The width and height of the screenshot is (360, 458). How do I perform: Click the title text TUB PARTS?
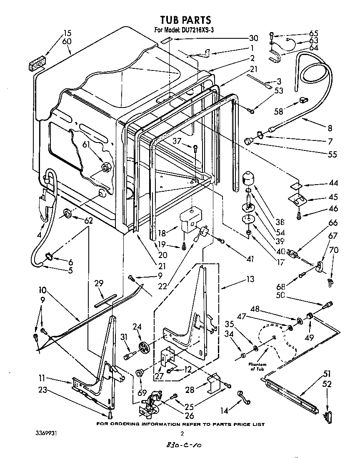(186, 20)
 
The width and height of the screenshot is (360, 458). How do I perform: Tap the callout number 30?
(253, 38)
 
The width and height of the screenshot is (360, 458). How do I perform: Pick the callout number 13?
(250, 280)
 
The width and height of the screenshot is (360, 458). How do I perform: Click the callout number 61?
(86, 145)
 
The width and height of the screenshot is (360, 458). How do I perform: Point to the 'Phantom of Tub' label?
(257, 366)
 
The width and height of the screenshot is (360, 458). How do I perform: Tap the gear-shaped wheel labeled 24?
(145, 346)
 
